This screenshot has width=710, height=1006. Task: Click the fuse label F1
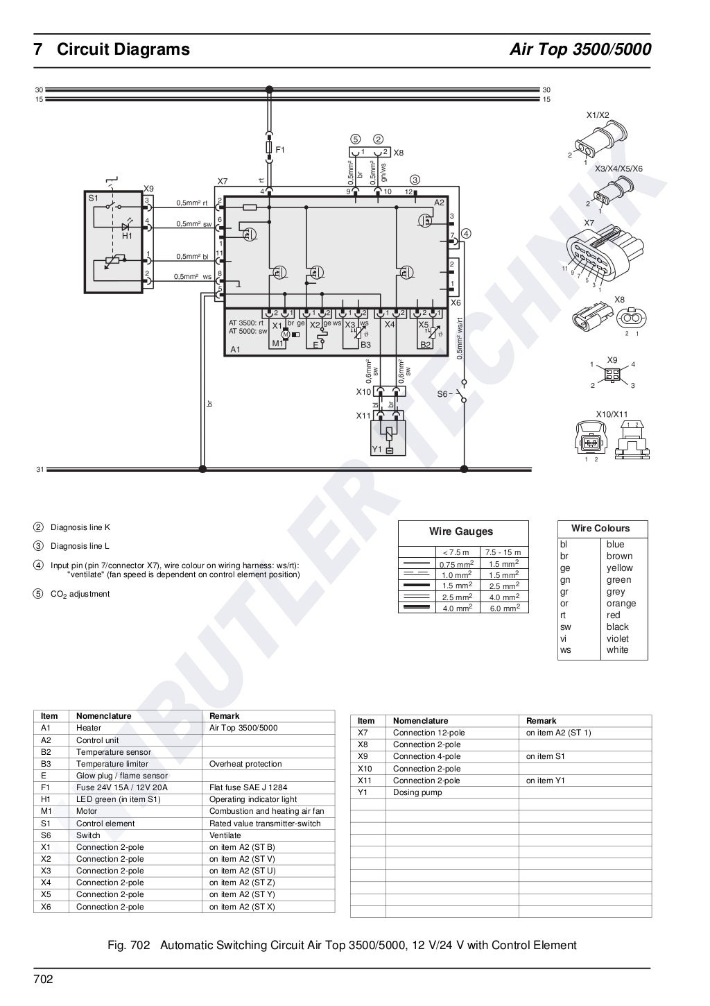(280, 149)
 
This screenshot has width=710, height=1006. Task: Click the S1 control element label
(93, 198)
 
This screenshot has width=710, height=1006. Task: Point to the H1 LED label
(127, 236)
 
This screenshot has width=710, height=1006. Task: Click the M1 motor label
(277, 343)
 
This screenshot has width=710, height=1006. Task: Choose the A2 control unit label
(438, 202)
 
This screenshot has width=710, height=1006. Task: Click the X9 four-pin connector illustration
(612, 374)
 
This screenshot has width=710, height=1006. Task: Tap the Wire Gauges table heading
(460, 531)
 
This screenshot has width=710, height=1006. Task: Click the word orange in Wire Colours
(621, 603)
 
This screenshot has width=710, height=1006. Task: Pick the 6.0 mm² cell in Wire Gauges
(505, 608)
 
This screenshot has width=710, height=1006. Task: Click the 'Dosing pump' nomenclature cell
(417, 792)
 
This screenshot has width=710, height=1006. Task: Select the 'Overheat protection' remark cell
(245, 764)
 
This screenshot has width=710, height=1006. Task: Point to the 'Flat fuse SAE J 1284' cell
(248, 787)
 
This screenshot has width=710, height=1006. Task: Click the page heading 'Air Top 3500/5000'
(580, 50)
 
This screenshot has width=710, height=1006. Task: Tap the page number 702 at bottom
(43, 980)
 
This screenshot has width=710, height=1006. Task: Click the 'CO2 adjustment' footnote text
(80, 594)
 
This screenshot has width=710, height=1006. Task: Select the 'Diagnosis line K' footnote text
(80, 527)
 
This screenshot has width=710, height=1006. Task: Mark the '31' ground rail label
(40, 470)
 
